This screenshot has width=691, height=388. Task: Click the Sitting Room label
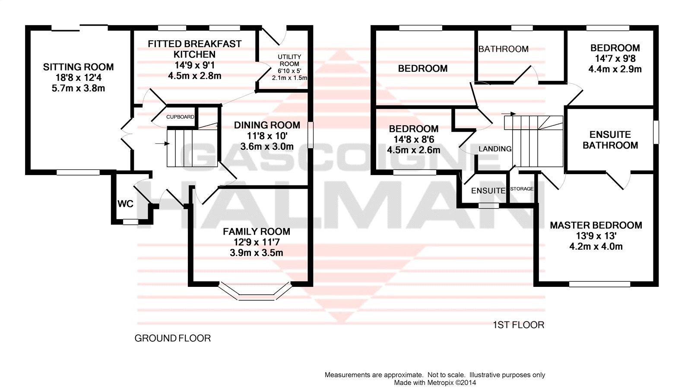[78, 67]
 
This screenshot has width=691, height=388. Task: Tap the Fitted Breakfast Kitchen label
[194, 49]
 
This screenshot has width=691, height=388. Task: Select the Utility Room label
[289, 60]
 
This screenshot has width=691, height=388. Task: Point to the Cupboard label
[180, 117]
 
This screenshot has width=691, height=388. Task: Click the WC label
[125, 204]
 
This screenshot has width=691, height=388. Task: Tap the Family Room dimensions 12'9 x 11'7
[256, 242]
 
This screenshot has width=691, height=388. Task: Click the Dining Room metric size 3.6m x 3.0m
[267, 146]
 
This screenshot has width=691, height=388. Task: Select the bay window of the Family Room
[255, 293]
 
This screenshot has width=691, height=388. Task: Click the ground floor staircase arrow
[162, 143]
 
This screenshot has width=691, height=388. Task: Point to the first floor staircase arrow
[509, 114]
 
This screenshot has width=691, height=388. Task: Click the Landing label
[495, 149]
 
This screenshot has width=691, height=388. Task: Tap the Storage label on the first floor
[522, 189]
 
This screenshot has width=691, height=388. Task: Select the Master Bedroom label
[596, 225]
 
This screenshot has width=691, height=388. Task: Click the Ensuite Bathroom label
[610, 140]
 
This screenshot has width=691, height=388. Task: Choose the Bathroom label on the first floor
[504, 49]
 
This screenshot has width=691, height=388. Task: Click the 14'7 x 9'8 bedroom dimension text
[615, 58]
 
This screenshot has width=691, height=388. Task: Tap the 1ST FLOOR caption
[518, 325]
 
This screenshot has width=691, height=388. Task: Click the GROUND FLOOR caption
[173, 338]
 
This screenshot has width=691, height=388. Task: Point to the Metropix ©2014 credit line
[435, 382]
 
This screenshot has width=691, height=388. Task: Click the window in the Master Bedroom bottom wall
[599, 284]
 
